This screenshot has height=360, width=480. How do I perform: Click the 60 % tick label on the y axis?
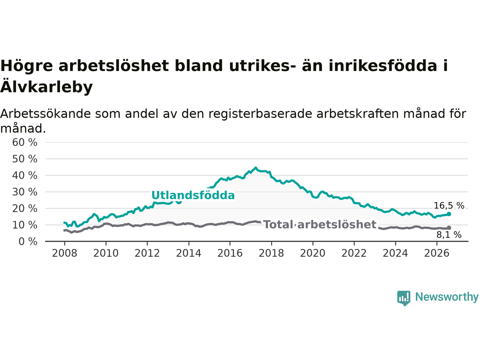(25, 142)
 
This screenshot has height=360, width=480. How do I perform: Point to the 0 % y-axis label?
(28, 242)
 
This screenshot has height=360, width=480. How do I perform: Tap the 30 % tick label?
(25, 192)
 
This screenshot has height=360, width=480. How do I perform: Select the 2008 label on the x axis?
(64, 253)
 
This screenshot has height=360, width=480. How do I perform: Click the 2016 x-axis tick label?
(230, 253)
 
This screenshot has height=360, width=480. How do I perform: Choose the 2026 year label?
(437, 253)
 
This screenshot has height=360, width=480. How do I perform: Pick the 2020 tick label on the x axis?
(313, 253)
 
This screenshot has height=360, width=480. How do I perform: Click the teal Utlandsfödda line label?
(193, 195)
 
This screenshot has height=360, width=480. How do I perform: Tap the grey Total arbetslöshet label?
(320, 225)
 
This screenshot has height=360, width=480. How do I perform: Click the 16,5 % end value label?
(449, 205)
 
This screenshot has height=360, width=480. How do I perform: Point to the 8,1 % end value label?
(449, 235)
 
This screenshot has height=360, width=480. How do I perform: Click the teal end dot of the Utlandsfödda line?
(449, 214)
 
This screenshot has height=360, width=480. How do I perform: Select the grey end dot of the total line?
(449, 228)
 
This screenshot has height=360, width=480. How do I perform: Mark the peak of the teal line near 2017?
(256, 168)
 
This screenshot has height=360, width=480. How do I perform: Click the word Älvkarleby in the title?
(46, 87)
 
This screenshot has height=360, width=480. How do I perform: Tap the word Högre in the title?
(27, 66)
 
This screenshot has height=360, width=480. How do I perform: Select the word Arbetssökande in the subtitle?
(45, 114)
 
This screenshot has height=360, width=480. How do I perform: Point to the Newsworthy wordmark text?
(447, 297)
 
